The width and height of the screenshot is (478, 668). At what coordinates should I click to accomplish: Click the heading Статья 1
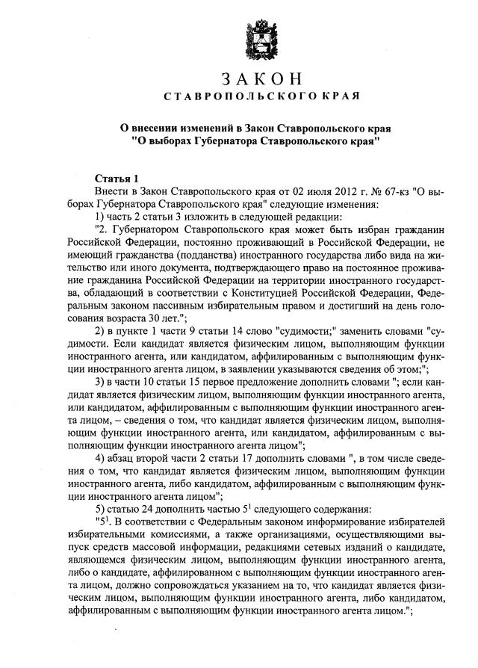116,179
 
